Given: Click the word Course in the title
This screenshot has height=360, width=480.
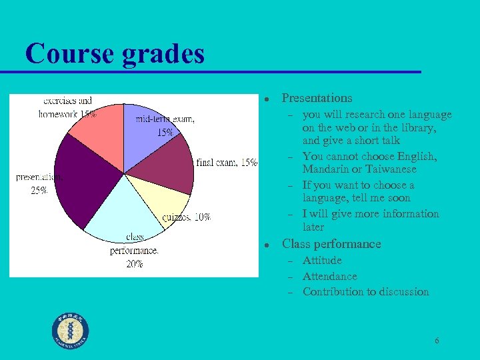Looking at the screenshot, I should coord(69,54).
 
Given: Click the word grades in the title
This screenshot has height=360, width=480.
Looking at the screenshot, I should coord(163,55).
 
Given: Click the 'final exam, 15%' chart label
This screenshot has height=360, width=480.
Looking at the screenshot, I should coord(227,163).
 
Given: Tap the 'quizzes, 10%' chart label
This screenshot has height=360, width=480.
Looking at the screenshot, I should coord(186,217).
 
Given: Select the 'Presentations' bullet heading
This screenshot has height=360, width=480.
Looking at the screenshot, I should coord(317,98).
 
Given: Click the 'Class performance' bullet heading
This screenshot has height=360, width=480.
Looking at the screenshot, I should coord(331,244).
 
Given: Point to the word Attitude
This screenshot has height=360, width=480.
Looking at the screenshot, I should coord(322,260).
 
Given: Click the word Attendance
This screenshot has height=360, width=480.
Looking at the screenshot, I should coord(329,276).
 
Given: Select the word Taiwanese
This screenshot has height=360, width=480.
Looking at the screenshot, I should coord(392,169).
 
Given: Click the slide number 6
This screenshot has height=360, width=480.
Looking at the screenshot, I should coord(437,341).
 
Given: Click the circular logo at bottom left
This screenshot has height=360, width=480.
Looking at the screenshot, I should coord(71,331).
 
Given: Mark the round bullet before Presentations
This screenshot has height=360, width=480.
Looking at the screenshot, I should coord(265,99).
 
